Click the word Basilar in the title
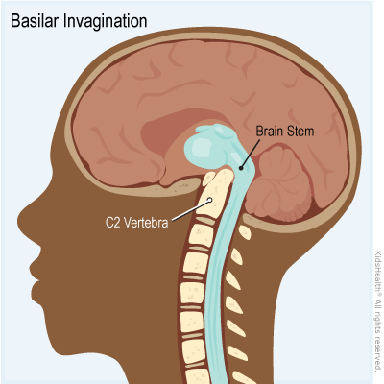pyautogui.click(x=36, y=21)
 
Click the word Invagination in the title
pyautogui.click(x=106, y=22)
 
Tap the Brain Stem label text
pyautogui.click(x=285, y=132)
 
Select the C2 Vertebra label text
pyautogui.click(x=137, y=223)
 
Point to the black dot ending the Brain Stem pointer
pyautogui.click(x=241, y=167)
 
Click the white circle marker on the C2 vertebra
pyautogui.click(x=209, y=201)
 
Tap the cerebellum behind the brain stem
pyautogui.click(x=281, y=182)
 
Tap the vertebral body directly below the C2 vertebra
pyautogui.click(x=201, y=235)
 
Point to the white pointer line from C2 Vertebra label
pyautogui.click(x=191, y=210)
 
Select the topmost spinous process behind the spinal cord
pyautogui.click(x=245, y=231)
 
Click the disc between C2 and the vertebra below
pyautogui.click(x=205, y=221)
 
